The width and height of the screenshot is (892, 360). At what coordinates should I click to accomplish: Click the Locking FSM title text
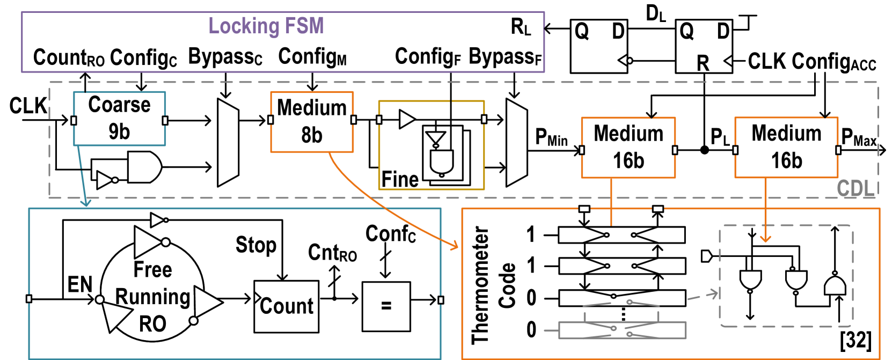coord(266,26)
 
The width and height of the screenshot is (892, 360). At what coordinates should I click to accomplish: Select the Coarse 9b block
coord(119,119)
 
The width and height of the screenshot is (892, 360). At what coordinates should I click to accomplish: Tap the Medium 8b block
coord(312,122)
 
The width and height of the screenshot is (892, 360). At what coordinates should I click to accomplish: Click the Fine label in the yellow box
coord(400,179)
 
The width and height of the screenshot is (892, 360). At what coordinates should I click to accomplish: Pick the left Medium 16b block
coord(628,148)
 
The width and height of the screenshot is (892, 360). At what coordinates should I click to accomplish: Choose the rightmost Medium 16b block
coord(786,148)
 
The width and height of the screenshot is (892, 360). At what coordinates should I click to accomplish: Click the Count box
coord(286,306)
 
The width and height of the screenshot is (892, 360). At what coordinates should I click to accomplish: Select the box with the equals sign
coord(386,306)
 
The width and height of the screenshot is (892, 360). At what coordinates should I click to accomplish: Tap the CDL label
coord(856,188)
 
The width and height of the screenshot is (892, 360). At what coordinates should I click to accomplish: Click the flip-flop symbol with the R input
coord(704,46)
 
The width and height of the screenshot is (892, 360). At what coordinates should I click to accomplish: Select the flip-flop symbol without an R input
coord(599,46)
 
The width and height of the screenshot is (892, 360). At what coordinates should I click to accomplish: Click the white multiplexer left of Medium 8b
coord(228,142)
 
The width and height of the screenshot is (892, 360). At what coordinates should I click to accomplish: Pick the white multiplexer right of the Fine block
coord(517,143)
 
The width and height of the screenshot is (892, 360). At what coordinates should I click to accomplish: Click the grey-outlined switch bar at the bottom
coord(622,330)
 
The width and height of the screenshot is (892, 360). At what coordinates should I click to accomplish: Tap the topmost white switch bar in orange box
coord(622,235)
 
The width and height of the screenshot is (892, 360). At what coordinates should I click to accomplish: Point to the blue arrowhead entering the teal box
coord(85,203)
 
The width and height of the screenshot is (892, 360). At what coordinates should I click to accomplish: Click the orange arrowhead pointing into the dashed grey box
coord(765,238)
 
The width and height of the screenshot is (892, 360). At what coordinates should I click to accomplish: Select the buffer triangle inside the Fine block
coord(407,119)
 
